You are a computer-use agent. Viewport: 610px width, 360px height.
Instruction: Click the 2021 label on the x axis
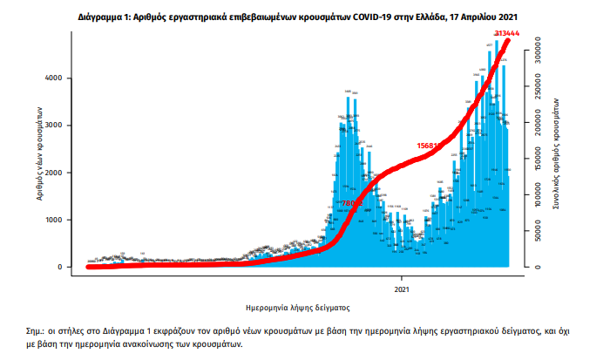pos(402,288)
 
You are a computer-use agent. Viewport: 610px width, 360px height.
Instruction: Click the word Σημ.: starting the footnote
pos(40,333)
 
